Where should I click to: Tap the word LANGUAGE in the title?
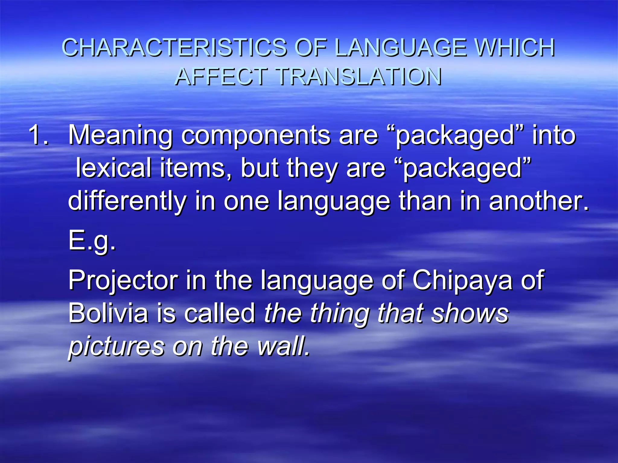(400, 48)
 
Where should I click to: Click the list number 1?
(38, 135)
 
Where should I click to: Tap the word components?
(256, 135)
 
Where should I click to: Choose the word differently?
(127, 201)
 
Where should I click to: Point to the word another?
(539, 201)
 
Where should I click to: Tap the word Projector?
(123, 280)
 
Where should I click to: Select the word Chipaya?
(462, 280)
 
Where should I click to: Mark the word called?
(220, 313)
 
